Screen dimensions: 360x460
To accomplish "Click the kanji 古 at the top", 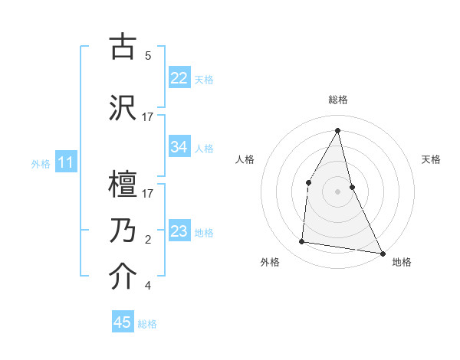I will tap(123, 47).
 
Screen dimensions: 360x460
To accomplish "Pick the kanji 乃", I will tap(123, 230).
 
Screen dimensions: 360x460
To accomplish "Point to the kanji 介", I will tap(123, 277).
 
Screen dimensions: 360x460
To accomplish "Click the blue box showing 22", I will tap(179, 78).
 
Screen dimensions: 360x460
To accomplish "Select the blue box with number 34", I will tap(179, 147).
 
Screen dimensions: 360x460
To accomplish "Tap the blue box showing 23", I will tap(179, 231).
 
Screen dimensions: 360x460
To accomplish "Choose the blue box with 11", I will tap(66, 162).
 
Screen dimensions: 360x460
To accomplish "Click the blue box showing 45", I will tap(123, 322).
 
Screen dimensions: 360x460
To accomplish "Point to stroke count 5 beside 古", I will tap(148, 56).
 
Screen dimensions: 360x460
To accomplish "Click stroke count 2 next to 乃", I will tap(148, 240).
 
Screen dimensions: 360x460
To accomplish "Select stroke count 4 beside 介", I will tap(148, 286).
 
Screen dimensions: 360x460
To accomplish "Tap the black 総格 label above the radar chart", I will tap(337, 100).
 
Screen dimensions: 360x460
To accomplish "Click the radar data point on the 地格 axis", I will tap(382, 253).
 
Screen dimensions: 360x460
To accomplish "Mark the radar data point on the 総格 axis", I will tap(337, 130).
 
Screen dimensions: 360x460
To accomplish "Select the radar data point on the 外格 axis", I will tap(302, 242).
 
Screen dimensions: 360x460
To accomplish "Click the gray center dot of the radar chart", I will tap(337, 191).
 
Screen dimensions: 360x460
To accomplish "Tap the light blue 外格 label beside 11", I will tap(40, 163).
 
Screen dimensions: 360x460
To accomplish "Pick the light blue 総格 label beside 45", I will tap(147, 324).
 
